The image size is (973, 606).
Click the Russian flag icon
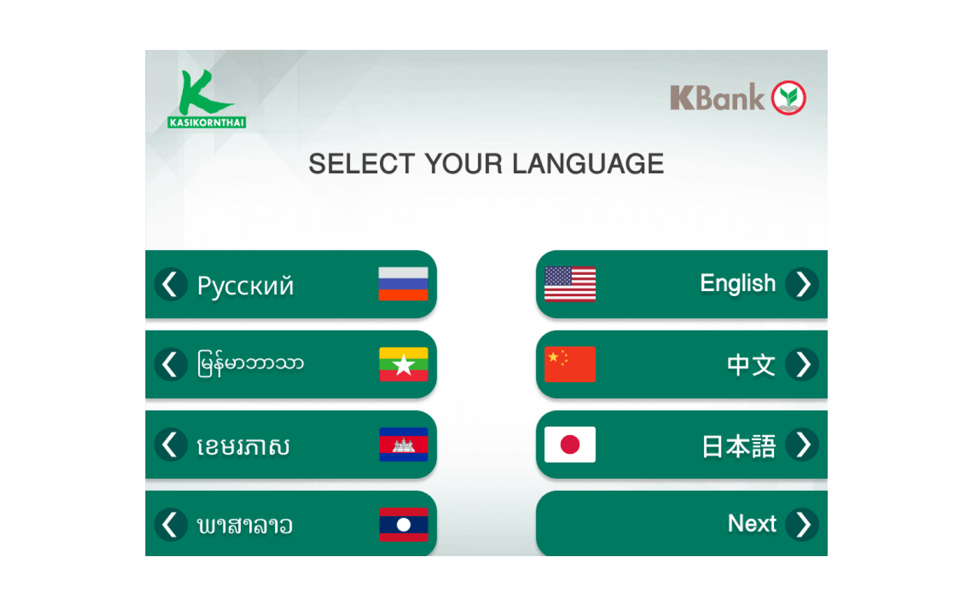[x=403, y=284]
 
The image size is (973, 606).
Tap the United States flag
[x=570, y=284]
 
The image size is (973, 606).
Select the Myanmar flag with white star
[x=404, y=364]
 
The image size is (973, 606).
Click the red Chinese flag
[x=570, y=364]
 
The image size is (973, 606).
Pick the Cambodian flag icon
[x=404, y=445]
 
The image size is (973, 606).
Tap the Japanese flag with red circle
[x=570, y=445]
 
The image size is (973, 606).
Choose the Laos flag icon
[x=404, y=524]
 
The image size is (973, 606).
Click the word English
[x=738, y=284]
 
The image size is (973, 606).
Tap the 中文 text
[x=751, y=365]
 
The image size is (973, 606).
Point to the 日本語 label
[x=739, y=446]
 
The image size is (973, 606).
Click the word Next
[x=752, y=524]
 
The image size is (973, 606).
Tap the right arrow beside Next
[x=802, y=524]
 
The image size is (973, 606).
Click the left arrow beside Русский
[x=171, y=284]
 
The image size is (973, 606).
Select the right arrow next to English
[x=802, y=284]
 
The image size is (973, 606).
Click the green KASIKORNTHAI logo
[x=207, y=99]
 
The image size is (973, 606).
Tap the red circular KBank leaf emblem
[x=788, y=98]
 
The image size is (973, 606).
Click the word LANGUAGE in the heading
[x=588, y=163]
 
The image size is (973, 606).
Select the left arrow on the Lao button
[x=171, y=524]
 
